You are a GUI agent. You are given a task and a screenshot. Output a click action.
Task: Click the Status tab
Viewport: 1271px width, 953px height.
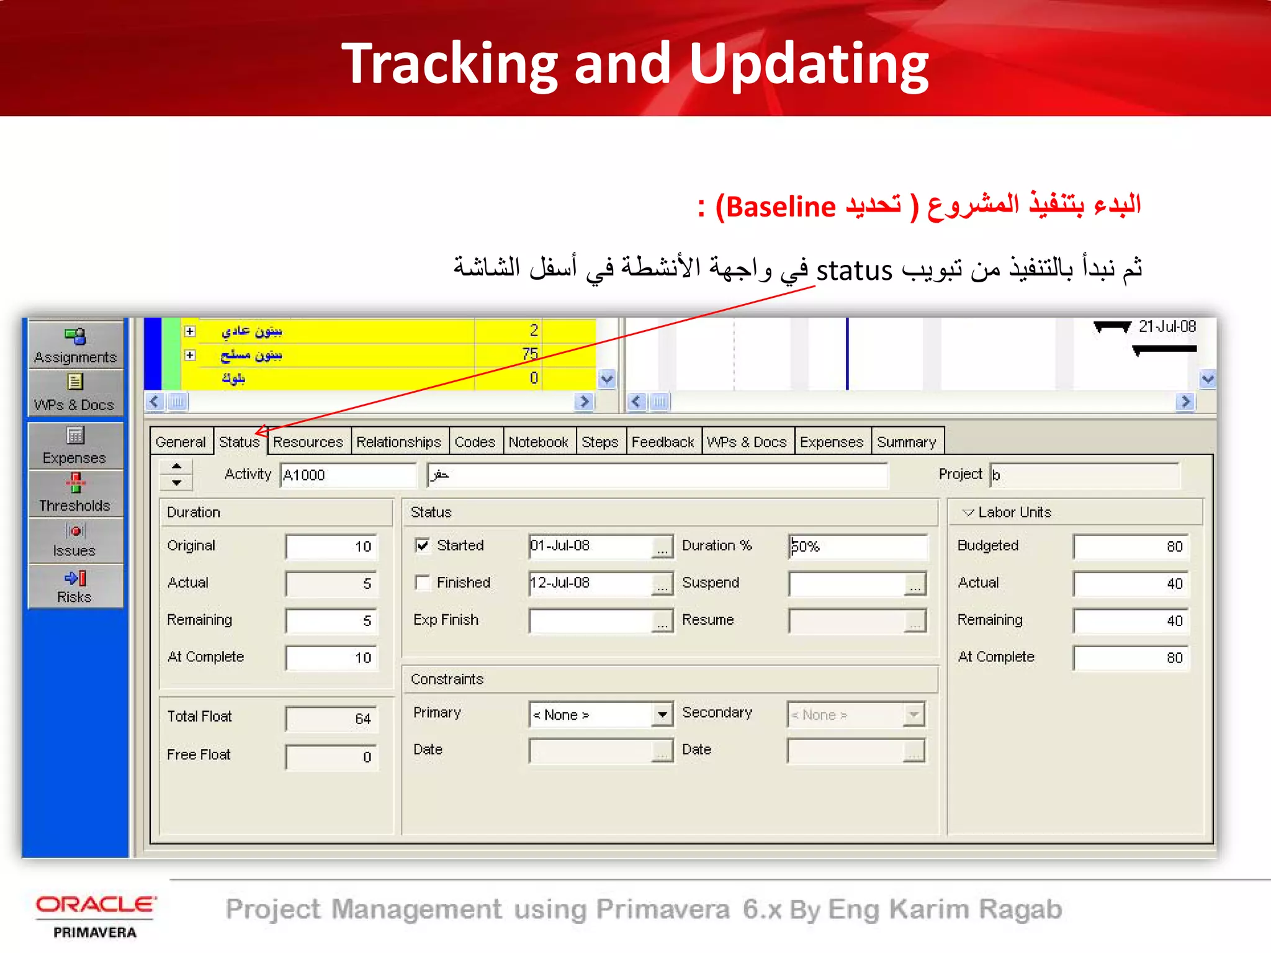coord(239,442)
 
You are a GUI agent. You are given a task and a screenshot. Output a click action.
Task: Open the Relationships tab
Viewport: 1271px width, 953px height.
coord(398,442)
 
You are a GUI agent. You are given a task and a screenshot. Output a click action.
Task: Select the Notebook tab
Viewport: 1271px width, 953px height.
coord(538,442)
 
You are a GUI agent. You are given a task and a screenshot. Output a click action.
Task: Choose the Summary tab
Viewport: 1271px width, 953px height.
coord(906,442)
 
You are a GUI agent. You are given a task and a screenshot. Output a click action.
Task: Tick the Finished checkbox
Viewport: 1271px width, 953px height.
coord(423,583)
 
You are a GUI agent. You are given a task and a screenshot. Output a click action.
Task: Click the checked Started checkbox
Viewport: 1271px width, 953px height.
coord(423,545)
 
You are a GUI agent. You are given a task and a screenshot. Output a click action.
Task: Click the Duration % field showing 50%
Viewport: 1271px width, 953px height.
coord(857,547)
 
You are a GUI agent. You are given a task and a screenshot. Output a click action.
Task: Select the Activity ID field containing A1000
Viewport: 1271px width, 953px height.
coord(347,475)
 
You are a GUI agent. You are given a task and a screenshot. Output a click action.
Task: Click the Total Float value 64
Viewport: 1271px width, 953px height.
coord(331,719)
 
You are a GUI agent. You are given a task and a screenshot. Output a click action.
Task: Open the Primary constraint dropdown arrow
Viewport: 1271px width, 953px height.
coord(663,715)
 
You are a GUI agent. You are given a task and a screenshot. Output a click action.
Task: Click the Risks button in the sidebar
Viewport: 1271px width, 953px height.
coord(74,586)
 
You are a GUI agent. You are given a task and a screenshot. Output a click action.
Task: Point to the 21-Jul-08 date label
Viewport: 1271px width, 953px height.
coord(1167,327)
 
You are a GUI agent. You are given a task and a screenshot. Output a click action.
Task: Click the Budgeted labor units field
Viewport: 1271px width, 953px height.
coord(1130,547)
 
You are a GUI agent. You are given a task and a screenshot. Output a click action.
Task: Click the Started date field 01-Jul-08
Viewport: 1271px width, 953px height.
coord(590,546)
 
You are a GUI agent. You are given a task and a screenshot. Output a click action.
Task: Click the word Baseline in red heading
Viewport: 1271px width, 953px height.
coord(781,207)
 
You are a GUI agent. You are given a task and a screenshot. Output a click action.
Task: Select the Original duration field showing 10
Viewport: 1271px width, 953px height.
coord(331,547)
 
